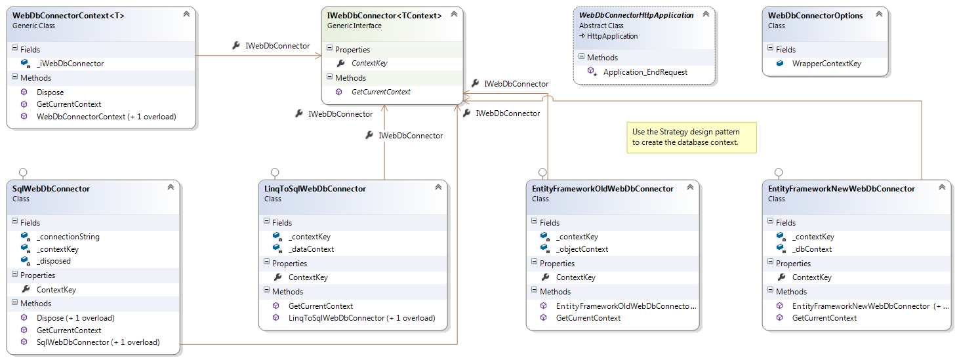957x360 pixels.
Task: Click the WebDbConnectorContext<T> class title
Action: [x=68, y=16]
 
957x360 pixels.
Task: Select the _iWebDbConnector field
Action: [x=70, y=64]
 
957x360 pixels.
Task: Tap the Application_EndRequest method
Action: [x=645, y=72]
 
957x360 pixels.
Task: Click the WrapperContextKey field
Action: [x=826, y=64]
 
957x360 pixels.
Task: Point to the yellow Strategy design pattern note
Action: [x=692, y=138]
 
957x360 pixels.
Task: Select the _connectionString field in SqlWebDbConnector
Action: [x=68, y=237]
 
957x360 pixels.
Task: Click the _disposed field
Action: [x=53, y=261]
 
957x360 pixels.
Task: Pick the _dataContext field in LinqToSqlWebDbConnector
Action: [x=311, y=249]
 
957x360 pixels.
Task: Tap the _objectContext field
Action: [x=582, y=249]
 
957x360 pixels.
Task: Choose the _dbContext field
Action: [x=812, y=249]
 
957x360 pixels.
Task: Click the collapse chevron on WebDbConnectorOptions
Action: [x=879, y=14]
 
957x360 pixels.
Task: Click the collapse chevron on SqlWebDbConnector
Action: [x=171, y=187]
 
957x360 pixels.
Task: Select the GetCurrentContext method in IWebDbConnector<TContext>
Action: [x=380, y=92]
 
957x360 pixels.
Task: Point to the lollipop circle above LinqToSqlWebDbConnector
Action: [x=275, y=172]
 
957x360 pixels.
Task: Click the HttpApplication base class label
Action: [x=612, y=36]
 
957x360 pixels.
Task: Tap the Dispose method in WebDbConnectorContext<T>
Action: [x=50, y=92]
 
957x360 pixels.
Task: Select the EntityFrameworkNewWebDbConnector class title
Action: [x=841, y=189]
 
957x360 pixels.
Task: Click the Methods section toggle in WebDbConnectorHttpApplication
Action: [x=581, y=56]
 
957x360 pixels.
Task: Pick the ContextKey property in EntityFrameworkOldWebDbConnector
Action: [x=575, y=277]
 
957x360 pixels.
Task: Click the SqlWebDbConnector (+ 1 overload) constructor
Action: [x=98, y=342]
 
